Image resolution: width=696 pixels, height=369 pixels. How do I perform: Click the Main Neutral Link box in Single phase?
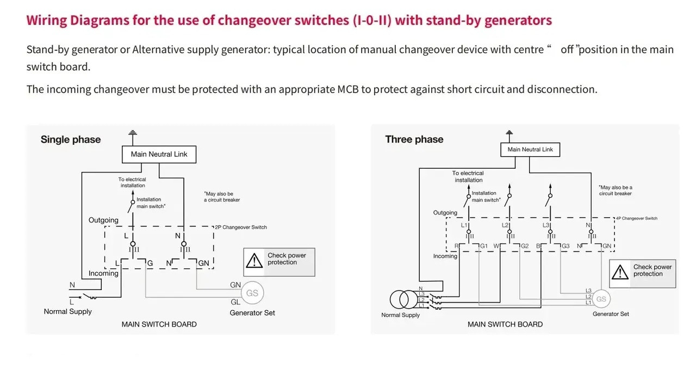pyautogui.click(x=159, y=155)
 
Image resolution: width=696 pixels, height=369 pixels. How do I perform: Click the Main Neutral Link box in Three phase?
pyautogui.click(x=530, y=150)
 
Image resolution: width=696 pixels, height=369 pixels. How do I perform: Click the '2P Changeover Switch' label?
pyautogui.click(x=241, y=227)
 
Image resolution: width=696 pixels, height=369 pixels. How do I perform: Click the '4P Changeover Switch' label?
pyautogui.click(x=637, y=218)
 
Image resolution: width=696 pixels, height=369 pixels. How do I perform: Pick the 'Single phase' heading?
pyautogui.click(x=71, y=139)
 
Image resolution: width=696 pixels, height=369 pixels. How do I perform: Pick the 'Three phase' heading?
pyautogui.click(x=414, y=139)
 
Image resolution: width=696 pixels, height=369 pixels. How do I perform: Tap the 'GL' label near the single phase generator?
pyautogui.click(x=235, y=302)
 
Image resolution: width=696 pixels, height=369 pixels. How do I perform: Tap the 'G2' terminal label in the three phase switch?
pyautogui.click(x=525, y=246)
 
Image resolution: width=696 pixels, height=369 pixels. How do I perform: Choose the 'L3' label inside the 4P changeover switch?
pyautogui.click(x=545, y=225)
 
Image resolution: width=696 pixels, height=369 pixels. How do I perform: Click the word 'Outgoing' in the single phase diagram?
pyautogui.click(x=103, y=220)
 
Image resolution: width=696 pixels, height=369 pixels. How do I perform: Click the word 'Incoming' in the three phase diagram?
pyautogui.click(x=445, y=256)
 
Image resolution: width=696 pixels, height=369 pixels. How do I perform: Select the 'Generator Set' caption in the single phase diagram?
pyautogui.click(x=252, y=313)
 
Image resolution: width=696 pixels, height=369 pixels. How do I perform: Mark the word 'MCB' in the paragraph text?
pyautogui.click(x=347, y=90)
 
